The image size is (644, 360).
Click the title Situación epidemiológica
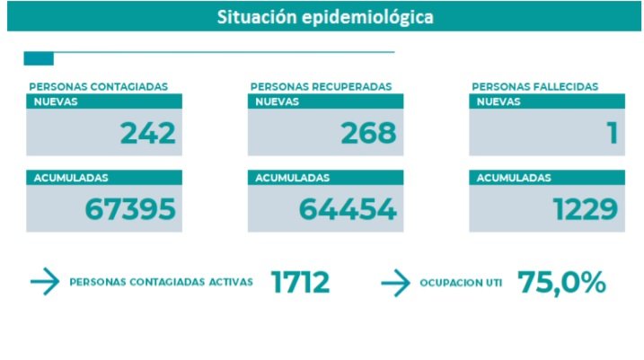coord(324,17)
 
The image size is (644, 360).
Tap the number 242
coord(147,133)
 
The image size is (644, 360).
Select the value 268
coord(368,133)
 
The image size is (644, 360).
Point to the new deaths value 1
coord(612,133)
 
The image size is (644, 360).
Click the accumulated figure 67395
coord(130,209)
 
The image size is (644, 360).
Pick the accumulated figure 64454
coord(348,209)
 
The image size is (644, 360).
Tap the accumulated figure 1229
coord(585,209)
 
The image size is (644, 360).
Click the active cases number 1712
coord(300,283)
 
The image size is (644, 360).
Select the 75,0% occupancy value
coord(561,283)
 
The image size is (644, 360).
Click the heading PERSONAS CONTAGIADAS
coord(98,87)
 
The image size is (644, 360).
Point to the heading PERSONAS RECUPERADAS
coord(321,87)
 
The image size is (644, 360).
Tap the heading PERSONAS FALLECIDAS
coord(534,87)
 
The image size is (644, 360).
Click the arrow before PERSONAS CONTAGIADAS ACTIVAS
coord(44,283)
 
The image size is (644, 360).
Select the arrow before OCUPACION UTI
coord(395,283)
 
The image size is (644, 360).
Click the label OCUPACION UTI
coord(461,283)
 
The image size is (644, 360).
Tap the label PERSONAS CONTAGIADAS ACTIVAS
coord(161,283)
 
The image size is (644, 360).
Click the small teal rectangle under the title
coord(39,59)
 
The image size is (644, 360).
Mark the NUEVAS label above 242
coord(56,101)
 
